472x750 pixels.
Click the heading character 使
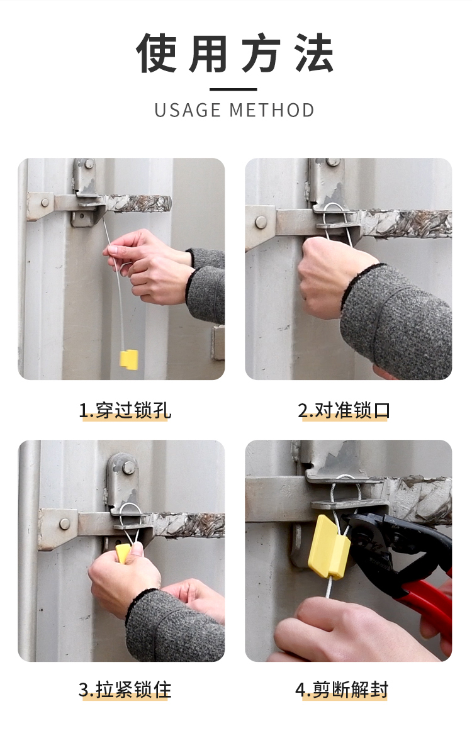coord(156,53)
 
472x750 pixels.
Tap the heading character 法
coord(314,53)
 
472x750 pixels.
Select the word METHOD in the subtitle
coord(272,111)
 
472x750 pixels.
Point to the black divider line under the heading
coord(233,89)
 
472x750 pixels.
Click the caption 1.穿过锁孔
coord(125,410)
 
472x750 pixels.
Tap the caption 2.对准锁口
coord(344,410)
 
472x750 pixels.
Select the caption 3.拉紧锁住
coord(125,690)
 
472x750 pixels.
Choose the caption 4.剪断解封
coord(342,690)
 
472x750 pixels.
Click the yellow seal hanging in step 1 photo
coord(128,360)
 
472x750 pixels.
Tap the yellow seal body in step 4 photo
coord(329,547)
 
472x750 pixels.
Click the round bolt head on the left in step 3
coord(65,523)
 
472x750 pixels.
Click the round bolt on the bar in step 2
coord(261,222)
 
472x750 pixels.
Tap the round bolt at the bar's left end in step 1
coord(45,203)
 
